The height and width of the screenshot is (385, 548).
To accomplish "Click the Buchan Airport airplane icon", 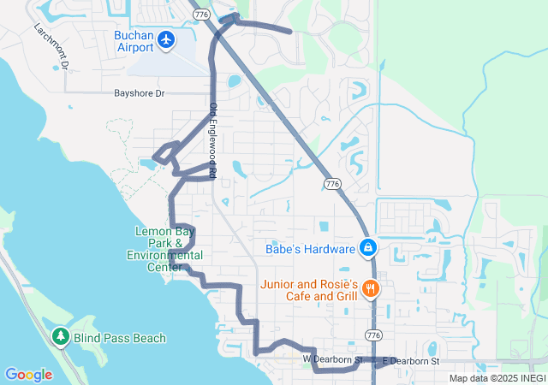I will (x=165, y=40).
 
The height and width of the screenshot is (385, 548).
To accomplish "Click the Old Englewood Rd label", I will (x=213, y=140).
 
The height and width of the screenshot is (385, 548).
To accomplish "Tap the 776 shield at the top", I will (x=202, y=15).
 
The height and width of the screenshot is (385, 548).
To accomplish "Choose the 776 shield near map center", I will (x=333, y=183).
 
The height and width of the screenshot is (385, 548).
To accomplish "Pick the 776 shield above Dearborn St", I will (x=373, y=334).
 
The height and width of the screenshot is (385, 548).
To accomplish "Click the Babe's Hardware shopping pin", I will (x=367, y=248).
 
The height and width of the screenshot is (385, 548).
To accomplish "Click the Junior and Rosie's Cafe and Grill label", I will (x=312, y=290).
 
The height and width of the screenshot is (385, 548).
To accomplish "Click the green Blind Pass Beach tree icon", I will (x=61, y=337).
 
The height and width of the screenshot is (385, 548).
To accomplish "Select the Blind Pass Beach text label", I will (x=119, y=338).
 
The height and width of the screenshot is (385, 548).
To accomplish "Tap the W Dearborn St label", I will (x=334, y=359).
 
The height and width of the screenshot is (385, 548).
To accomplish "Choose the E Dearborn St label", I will (x=410, y=362).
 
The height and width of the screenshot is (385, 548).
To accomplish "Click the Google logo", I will (x=28, y=374).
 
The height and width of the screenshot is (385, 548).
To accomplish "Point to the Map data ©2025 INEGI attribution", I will (x=497, y=378).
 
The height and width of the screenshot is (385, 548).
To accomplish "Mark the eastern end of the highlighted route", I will (x=291, y=32).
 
